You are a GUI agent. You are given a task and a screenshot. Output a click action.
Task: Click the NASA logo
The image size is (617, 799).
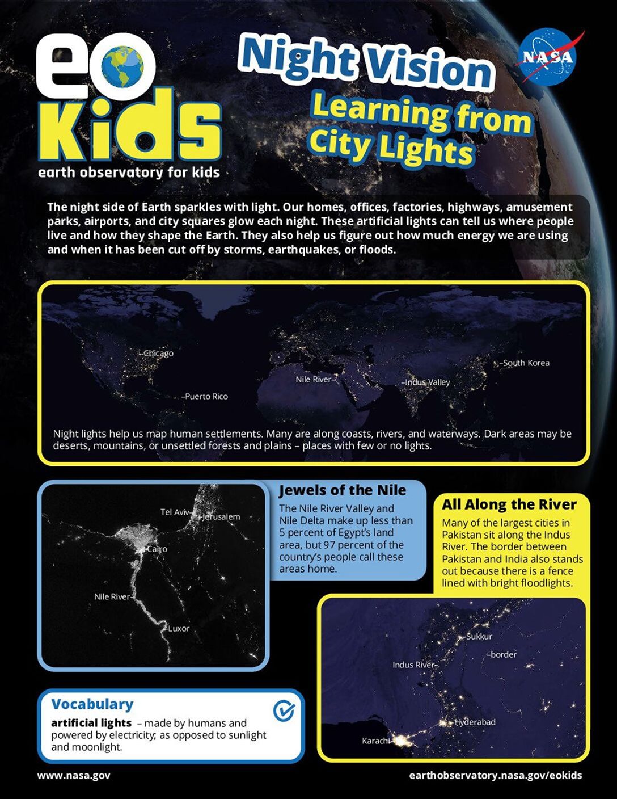point(548,56)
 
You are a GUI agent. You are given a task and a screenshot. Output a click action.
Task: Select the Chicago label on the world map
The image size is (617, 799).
point(159,354)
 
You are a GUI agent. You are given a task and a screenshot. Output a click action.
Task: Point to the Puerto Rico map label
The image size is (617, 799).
point(206,397)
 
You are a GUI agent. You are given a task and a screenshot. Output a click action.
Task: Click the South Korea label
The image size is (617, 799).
point(526,363)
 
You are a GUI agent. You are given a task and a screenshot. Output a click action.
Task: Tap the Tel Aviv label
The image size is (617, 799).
point(175,512)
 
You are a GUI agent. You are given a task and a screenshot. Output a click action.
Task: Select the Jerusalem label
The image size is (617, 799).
point(221,517)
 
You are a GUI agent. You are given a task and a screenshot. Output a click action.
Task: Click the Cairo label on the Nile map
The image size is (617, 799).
point(157,549)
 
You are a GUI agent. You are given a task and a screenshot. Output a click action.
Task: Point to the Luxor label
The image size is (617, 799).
point(179,629)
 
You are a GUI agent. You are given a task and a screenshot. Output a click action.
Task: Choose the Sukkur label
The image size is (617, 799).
point(479,637)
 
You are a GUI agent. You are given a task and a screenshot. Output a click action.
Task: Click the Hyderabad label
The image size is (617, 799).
point(475,722)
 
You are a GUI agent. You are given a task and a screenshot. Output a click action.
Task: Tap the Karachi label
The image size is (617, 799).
point(376,741)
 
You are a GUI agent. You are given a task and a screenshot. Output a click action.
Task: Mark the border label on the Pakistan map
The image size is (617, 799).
point(503,655)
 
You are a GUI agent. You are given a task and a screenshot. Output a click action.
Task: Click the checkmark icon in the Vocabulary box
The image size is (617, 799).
point(284,710)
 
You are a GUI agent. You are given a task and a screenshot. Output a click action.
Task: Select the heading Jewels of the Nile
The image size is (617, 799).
point(343,490)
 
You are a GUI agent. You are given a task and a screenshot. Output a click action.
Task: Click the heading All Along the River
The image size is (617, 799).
point(509,504)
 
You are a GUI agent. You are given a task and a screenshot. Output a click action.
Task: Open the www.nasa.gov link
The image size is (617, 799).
point(74,775)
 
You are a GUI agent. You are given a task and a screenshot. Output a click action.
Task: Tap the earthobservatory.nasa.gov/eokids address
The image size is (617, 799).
point(495,775)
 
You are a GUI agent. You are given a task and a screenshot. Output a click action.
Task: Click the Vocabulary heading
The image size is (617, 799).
point(92,704)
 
